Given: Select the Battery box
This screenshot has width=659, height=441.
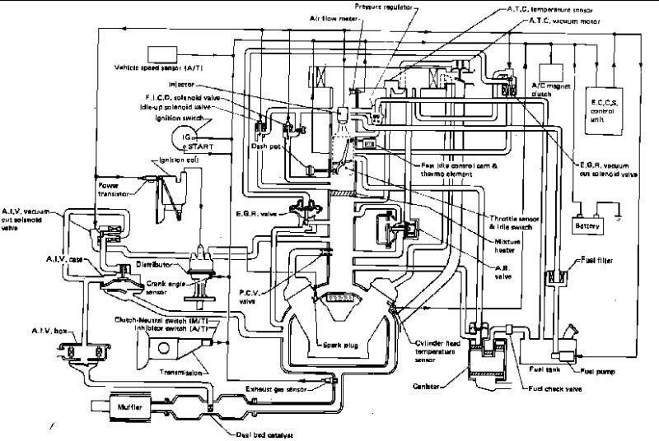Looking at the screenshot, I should pyautogui.click(x=590, y=222).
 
